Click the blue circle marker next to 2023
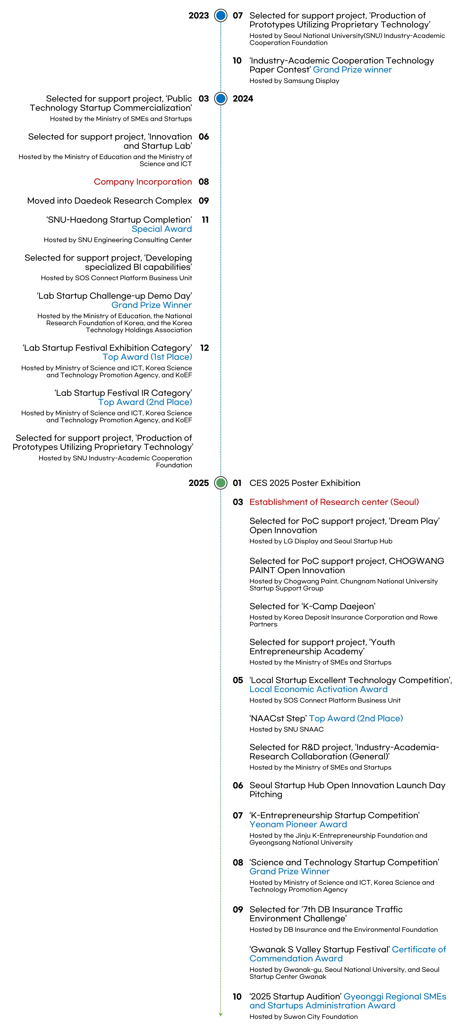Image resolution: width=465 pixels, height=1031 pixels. (220, 16)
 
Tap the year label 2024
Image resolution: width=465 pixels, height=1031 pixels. (243, 99)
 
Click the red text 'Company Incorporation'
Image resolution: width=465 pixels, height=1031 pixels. (143, 182)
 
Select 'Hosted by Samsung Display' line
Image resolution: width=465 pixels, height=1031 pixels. (294, 81)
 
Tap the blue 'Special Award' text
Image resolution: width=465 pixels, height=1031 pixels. (162, 229)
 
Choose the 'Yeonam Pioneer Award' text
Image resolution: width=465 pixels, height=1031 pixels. (298, 825)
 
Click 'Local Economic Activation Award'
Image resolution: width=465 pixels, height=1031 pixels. (318, 689)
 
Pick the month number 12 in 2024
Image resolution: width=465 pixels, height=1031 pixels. (205, 348)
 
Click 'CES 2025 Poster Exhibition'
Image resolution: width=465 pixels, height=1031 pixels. (304, 483)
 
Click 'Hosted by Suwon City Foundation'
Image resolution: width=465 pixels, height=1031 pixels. (303, 1017)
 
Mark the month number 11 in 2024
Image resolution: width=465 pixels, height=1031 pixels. (205, 220)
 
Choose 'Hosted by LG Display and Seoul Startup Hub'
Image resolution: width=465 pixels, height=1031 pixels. (321, 541)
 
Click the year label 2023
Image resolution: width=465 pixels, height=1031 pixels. (198, 16)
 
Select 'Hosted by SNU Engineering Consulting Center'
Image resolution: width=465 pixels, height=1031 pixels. (118, 240)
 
